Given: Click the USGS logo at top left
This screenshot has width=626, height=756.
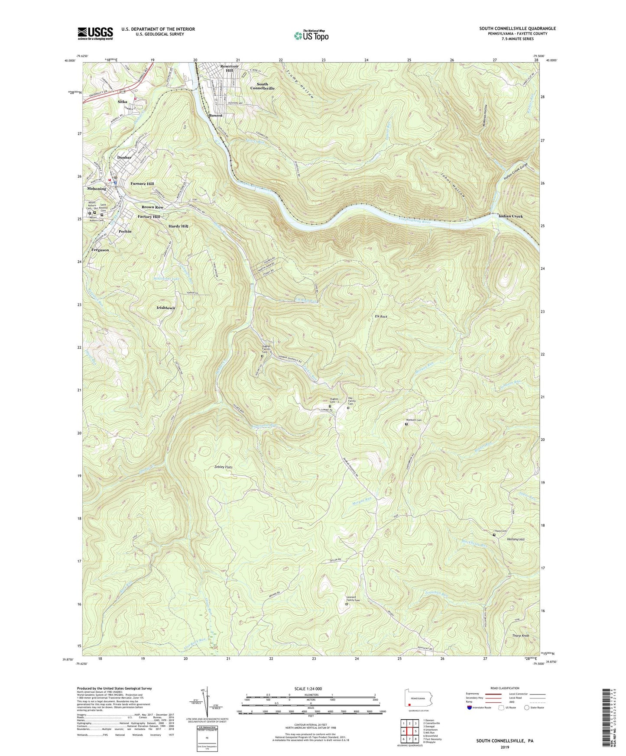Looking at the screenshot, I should pos(95,33).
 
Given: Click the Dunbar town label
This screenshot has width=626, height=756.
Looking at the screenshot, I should pos(124,158).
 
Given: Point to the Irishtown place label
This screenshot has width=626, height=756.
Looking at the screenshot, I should pos(165,308).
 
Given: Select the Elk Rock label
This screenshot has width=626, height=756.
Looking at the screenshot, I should pos(381,317).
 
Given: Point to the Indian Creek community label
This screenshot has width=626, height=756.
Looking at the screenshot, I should pos(510,216).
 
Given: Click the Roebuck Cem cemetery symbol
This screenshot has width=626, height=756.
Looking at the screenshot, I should pos(406,424).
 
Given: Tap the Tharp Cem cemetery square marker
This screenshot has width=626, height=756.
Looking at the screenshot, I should pos(494,535).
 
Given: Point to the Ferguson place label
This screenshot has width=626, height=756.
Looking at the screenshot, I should pos(100,250).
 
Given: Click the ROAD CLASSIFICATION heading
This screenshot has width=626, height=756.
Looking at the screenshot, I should pos(505,688).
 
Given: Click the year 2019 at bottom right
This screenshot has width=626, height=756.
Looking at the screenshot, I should pos(505,747).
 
